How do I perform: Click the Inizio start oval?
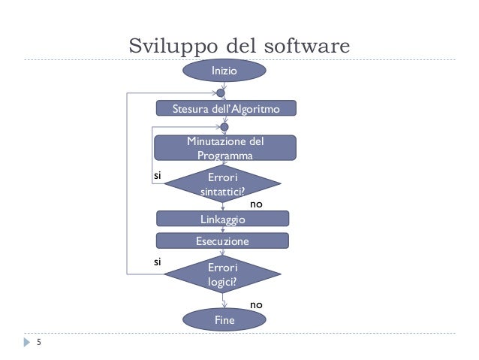(224, 71)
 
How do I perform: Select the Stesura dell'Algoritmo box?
(226, 109)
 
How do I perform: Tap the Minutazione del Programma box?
(224, 148)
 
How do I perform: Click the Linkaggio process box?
(222, 219)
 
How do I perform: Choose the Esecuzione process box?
(222, 241)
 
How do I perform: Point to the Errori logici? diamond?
(222, 275)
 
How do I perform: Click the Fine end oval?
(224, 319)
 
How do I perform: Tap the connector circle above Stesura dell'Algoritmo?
(221, 93)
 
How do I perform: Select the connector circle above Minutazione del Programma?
(224, 127)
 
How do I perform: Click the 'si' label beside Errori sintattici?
(158, 174)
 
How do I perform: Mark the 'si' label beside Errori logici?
(158, 262)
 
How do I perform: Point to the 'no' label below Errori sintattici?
(256, 203)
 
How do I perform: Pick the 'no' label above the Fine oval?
(256, 304)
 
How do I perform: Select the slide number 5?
(38, 344)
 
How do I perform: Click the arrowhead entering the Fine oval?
(224, 306)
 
